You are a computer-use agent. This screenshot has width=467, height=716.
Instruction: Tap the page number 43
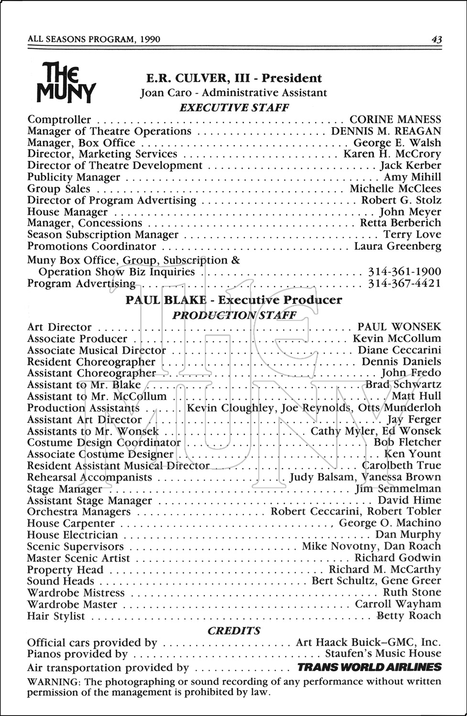click(x=435, y=40)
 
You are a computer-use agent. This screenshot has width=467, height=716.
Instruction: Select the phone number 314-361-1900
click(x=404, y=272)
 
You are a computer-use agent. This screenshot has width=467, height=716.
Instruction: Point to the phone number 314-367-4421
click(x=404, y=284)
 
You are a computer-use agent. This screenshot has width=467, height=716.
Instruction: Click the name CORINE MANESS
click(x=395, y=119)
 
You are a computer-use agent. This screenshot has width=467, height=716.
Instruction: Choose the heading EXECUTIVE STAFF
click(x=234, y=107)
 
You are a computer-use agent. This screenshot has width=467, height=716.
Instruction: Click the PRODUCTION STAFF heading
click(x=234, y=315)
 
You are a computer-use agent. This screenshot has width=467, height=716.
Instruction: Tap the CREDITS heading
click(x=234, y=631)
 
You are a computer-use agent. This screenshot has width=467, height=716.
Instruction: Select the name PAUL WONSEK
click(x=399, y=327)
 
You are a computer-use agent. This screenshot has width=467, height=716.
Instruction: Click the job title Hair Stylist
click(x=56, y=616)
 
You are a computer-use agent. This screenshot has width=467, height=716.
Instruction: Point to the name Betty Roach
click(x=409, y=616)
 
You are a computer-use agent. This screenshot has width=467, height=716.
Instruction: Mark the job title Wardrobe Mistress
click(x=76, y=593)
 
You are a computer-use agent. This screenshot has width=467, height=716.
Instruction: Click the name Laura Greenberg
click(x=397, y=246)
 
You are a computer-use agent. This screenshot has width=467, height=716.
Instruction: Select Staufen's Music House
click(x=383, y=653)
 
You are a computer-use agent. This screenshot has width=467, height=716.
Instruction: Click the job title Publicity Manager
click(x=74, y=177)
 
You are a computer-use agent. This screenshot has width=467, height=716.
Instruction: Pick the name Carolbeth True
click(x=402, y=465)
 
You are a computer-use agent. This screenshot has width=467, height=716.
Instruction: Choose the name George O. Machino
click(x=390, y=523)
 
